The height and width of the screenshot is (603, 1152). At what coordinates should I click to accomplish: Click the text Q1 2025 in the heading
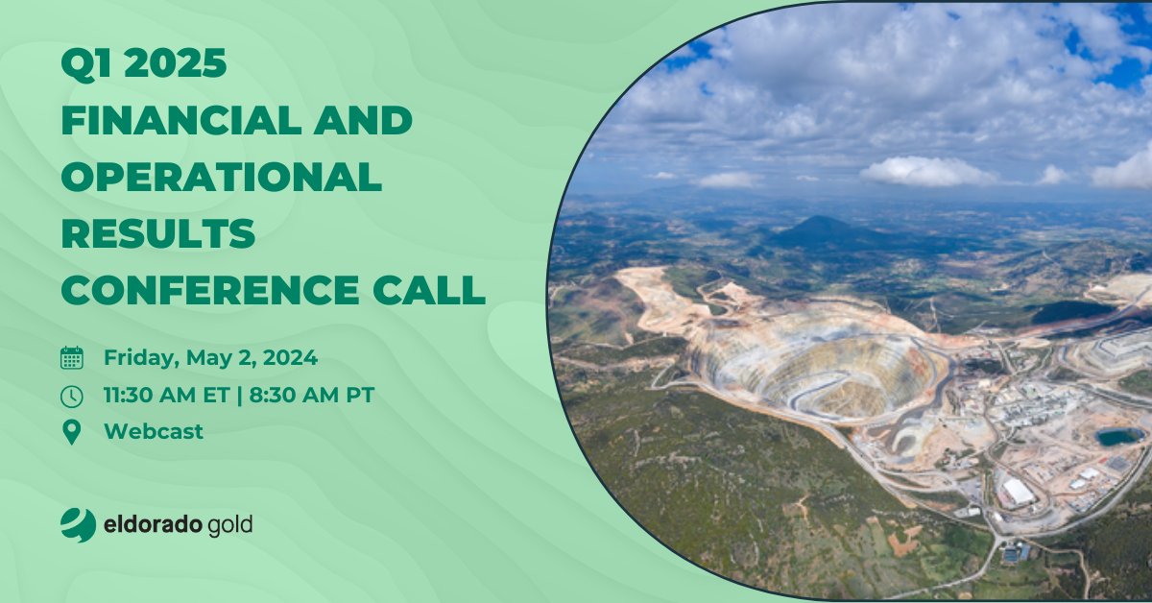pos(144,65)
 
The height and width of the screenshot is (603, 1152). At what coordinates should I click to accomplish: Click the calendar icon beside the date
pos(72,359)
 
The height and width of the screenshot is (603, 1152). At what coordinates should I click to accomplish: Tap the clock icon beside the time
pos(72,396)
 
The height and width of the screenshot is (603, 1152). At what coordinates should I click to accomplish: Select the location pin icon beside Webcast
pos(72,432)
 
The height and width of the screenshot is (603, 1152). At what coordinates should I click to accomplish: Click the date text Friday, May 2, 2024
pos(210,359)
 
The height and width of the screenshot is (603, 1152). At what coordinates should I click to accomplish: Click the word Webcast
pos(154,432)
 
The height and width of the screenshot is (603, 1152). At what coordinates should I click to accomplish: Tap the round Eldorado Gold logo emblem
pos(78,524)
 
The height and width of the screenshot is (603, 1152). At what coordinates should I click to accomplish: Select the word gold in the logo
pos(229,525)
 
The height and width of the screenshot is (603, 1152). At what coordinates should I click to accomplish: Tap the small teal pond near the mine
pos(1119,437)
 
